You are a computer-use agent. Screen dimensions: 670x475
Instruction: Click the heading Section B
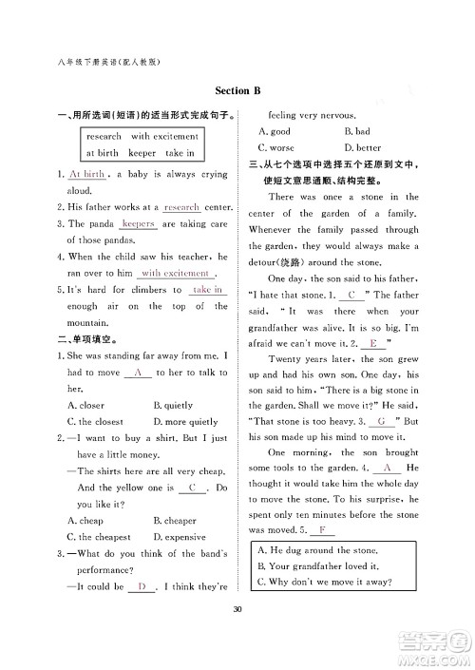[237, 91]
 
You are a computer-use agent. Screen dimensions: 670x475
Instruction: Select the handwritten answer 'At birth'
[86, 175]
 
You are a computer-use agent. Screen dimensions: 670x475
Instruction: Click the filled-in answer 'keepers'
[138, 223]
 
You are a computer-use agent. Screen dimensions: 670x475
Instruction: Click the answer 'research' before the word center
[181, 207]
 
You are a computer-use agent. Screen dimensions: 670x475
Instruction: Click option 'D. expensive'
[180, 537]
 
